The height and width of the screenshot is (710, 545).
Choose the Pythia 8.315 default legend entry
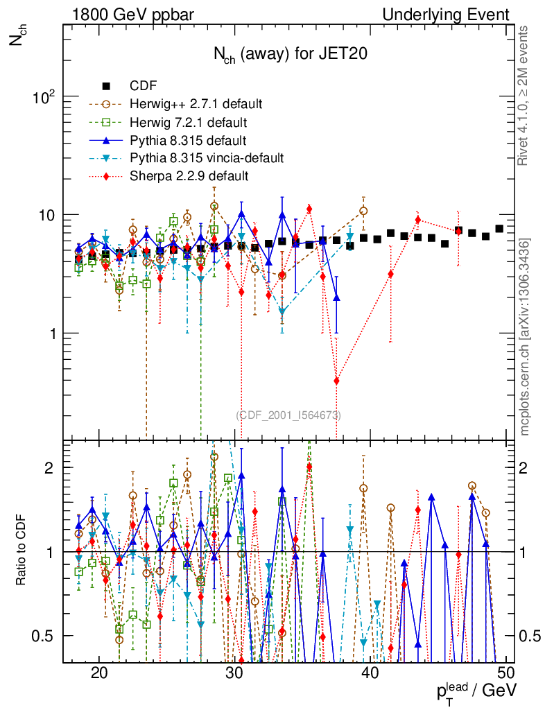coord(188,140)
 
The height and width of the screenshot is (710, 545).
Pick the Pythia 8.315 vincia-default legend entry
coord(207,158)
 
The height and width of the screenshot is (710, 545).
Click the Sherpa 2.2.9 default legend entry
coord(189,176)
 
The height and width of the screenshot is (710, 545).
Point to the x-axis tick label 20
coord(99,673)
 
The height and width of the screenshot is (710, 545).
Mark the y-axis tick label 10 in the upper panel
coord(49,215)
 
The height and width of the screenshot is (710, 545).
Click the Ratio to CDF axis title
coord(20,551)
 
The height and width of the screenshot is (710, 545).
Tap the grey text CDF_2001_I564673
coord(288,415)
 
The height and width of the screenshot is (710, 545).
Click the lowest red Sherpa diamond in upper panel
coord(337,381)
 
